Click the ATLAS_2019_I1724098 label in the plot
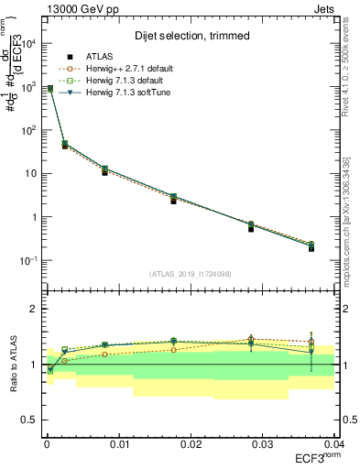pos(189,274)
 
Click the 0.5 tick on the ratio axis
pos(29,420)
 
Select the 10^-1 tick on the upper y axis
pos(29,261)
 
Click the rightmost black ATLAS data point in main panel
pos(311,248)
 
